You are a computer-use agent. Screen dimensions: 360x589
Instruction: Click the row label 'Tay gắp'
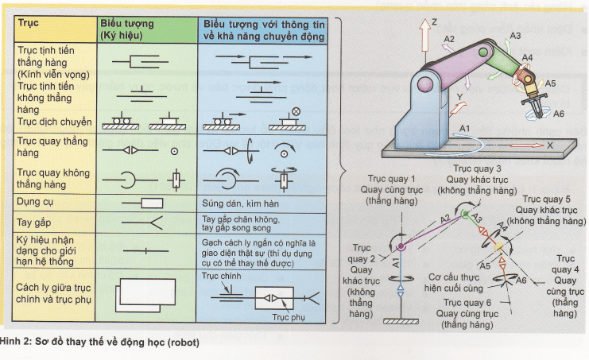[x=33, y=223]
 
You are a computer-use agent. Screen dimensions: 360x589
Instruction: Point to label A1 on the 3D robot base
[x=466, y=127]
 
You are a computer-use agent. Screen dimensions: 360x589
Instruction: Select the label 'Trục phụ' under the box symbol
[x=289, y=316]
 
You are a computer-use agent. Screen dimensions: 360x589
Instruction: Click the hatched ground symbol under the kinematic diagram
[x=397, y=320]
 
